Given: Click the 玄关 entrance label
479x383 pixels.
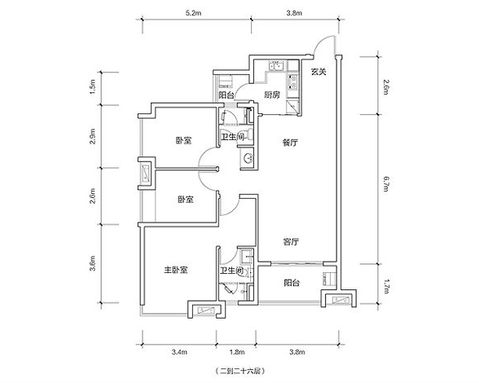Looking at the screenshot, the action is pyautogui.click(x=319, y=72).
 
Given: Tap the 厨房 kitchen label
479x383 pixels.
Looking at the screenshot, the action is pyautogui.click(x=272, y=95).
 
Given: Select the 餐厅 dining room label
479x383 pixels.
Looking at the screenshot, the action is pyautogui.click(x=290, y=143).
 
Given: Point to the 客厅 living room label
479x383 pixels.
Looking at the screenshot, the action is pyautogui.click(x=291, y=242).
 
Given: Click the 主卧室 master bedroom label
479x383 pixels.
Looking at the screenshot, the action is pyautogui.click(x=176, y=270).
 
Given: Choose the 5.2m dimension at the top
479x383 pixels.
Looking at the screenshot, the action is pyautogui.click(x=193, y=13).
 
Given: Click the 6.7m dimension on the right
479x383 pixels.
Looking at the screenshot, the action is pyautogui.click(x=385, y=183).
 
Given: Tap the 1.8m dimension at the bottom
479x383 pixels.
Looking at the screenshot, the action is pyautogui.click(x=237, y=352).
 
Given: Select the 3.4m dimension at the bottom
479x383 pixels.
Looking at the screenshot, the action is pyautogui.click(x=179, y=352).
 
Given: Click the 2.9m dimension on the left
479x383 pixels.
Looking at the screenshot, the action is pyautogui.click(x=93, y=137).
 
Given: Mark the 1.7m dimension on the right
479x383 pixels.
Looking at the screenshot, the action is pyautogui.click(x=385, y=286).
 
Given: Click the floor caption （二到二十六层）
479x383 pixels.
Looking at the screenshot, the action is pyautogui.click(x=239, y=372).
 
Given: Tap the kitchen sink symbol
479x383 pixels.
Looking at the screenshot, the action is pyautogui.click(x=276, y=65).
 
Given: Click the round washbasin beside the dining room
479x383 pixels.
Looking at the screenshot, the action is pyautogui.click(x=248, y=158).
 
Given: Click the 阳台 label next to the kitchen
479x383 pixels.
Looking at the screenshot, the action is pyautogui.click(x=226, y=95).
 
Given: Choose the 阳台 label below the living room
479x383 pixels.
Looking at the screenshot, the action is pyautogui.click(x=292, y=283).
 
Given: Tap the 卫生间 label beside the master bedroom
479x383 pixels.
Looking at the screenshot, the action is pyautogui.click(x=232, y=271).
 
